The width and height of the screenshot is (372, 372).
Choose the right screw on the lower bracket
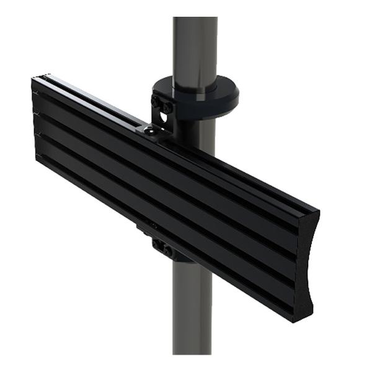click(168, 250)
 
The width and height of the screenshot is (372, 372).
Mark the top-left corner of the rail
click(34, 77)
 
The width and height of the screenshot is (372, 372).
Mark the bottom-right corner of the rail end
click(311, 321)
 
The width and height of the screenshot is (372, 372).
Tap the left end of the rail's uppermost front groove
click(35, 93)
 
